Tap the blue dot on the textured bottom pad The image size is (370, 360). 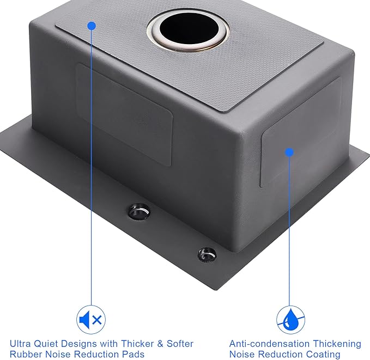tap(92, 26)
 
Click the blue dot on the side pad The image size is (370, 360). tap(289, 152)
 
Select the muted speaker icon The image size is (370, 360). tap(91, 320)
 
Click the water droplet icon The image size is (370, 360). tap(290, 320)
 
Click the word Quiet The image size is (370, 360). tap(46, 344)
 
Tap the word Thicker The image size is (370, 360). tap(137, 344)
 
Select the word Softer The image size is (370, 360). tap(180, 344)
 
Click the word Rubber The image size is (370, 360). tap(26, 354)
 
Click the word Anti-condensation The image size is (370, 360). tap(270, 344)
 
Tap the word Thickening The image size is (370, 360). tap(337, 344)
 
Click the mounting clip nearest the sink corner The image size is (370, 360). tap(207, 254)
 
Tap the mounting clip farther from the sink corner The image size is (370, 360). tap(139, 211)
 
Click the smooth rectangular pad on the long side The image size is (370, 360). tap(125, 114)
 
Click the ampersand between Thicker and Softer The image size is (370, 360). tap(160, 344)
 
